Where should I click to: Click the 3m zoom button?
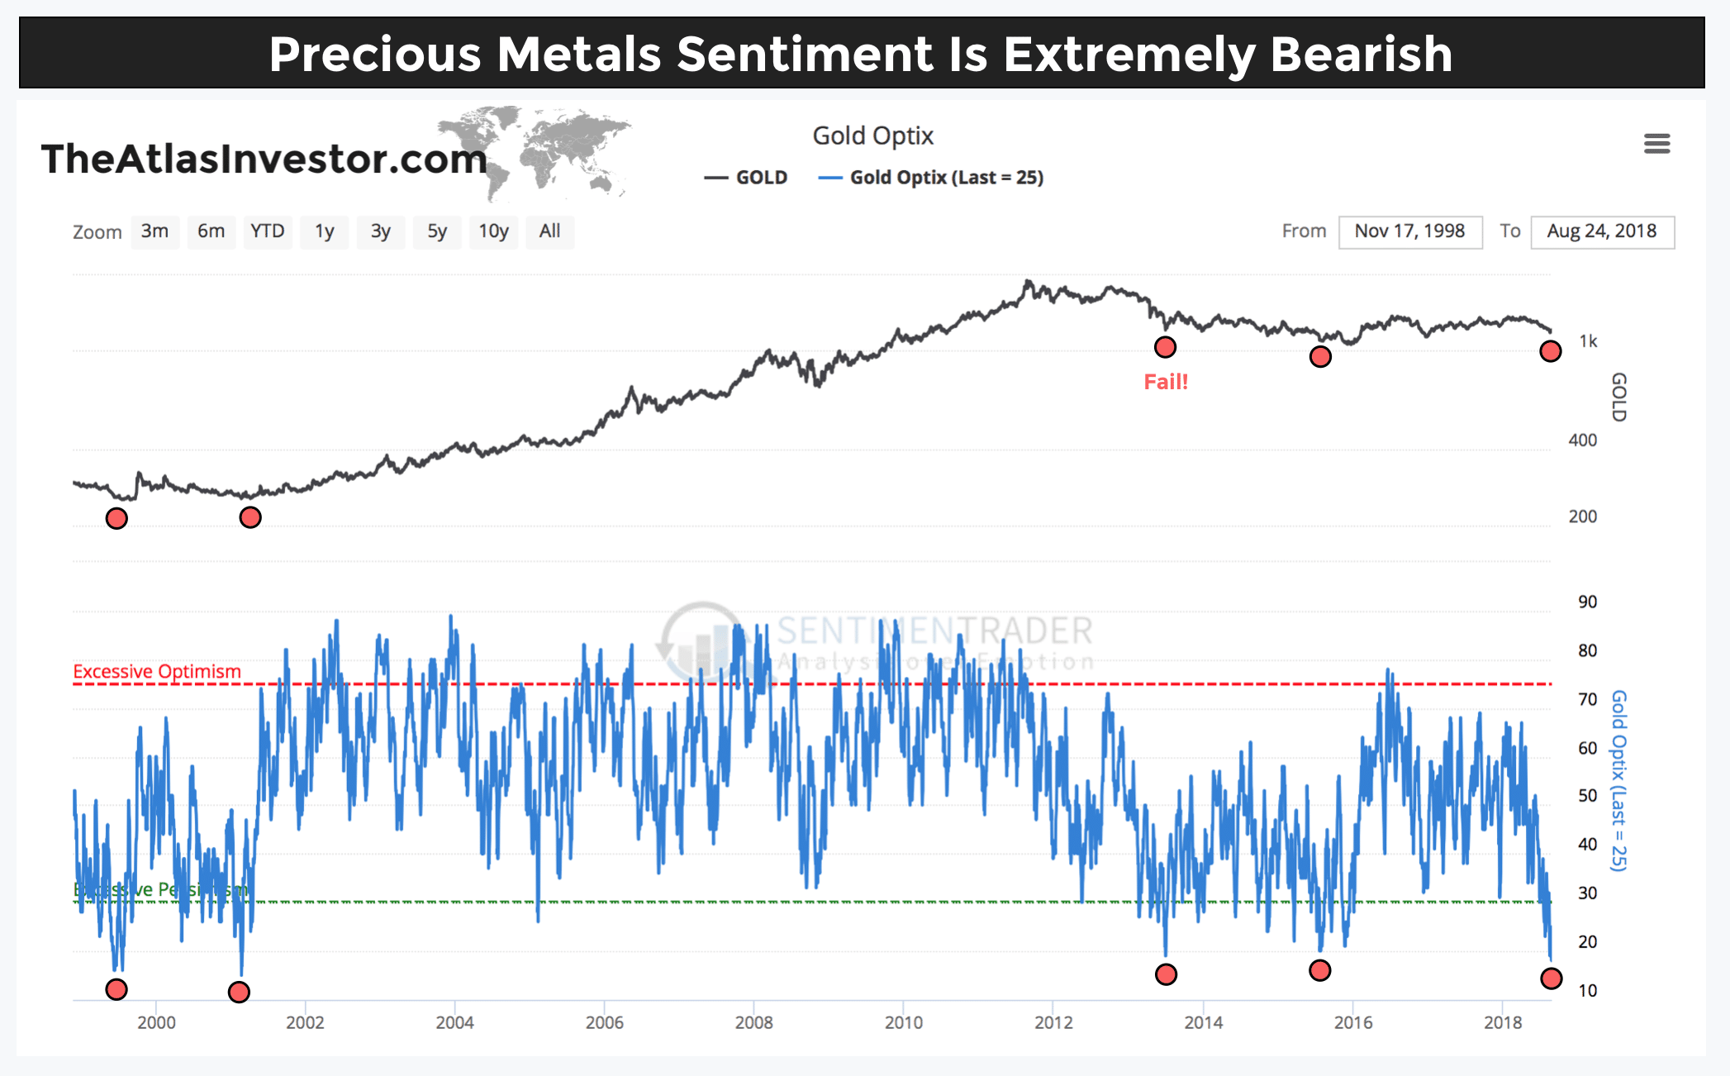pyautogui.click(x=154, y=231)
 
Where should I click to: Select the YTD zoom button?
pyautogui.click(x=268, y=231)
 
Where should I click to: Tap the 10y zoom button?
pyautogui.click(x=493, y=231)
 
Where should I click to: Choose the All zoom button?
pyautogui.click(x=549, y=231)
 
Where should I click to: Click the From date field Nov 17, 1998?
pyautogui.click(x=1409, y=231)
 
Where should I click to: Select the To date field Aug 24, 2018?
pyautogui.click(x=1601, y=231)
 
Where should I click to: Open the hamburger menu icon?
pyautogui.click(x=1656, y=144)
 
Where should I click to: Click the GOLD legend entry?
pyautogui.click(x=746, y=178)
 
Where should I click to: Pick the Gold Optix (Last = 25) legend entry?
pyautogui.click(x=931, y=178)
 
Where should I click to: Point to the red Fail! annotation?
pyautogui.click(x=1166, y=382)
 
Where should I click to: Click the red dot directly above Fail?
pyautogui.click(x=1165, y=347)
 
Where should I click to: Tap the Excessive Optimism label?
pyautogui.click(x=157, y=671)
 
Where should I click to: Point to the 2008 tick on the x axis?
pyautogui.click(x=753, y=1022)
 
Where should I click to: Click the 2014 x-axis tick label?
pyautogui.click(x=1203, y=1022)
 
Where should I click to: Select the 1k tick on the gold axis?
pyautogui.click(x=1588, y=341)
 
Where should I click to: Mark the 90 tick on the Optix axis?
pyautogui.click(x=1587, y=602)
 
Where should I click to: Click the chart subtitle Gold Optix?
pyautogui.click(x=872, y=136)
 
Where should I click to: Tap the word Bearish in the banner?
pyautogui.click(x=1361, y=55)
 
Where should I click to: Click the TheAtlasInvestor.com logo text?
pyautogui.click(x=264, y=159)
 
